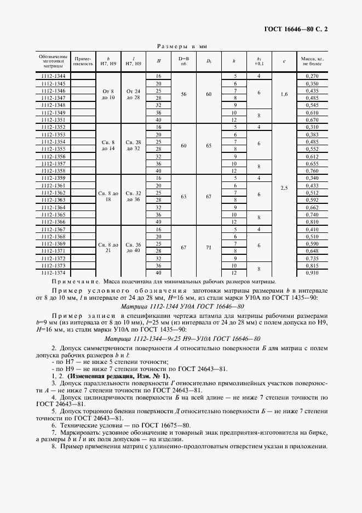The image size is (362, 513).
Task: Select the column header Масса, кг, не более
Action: coord(311,61)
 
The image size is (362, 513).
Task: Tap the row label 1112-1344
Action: coord(53,76)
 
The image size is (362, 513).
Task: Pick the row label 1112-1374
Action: coord(53,272)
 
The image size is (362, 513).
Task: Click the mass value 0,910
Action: coord(311,272)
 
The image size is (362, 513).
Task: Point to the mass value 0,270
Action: coord(311,76)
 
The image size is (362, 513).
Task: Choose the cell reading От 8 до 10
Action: coord(108,94)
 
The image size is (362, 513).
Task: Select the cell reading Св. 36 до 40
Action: coord(134,247)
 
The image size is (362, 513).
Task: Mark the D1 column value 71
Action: coord(209,247)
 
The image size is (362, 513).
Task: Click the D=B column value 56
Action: coord(183,94)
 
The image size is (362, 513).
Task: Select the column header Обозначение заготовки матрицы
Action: coord(53,61)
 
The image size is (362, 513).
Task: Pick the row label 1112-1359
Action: coord(53,178)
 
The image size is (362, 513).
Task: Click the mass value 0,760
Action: coord(311,170)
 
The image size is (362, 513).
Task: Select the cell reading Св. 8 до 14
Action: coord(108,145)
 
